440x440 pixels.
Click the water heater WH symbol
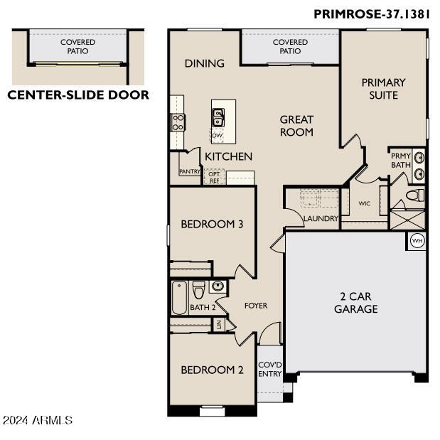(x=417, y=241)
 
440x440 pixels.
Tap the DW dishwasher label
(x=218, y=136)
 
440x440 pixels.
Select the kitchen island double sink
(x=218, y=118)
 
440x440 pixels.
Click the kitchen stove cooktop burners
(x=178, y=122)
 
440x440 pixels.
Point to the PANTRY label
(x=190, y=171)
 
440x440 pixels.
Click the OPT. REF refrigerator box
(x=215, y=177)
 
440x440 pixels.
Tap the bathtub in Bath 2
(x=179, y=298)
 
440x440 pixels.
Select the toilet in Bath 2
(x=198, y=290)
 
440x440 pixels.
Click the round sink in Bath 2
(x=218, y=286)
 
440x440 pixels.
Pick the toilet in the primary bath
(x=415, y=195)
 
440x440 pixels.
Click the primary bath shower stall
(x=407, y=220)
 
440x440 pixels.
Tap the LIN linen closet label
(x=219, y=325)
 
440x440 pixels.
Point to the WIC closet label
(x=364, y=203)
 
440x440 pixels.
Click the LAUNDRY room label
(x=321, y=219)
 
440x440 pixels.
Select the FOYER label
(x=256, y=306)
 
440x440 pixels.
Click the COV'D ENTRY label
(x=269, y=370)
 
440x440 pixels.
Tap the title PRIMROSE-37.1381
(x=372, y=14)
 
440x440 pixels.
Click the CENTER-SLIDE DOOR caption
(x=78, y=95)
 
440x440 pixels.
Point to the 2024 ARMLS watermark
(x=38, y=420)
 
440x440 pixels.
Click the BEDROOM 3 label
(x=212, y=224)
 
